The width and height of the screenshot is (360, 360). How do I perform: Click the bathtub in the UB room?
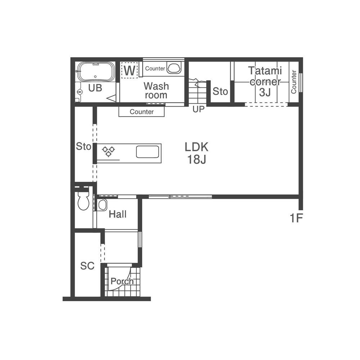click(x=96, y=71)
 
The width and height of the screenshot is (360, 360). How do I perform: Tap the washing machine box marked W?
click(x=130, y=70)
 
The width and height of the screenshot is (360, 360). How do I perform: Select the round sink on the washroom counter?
click(x=174, y=68)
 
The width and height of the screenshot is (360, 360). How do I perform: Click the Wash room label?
click(x=156, y=90)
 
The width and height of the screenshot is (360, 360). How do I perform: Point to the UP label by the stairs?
click(x=198, y=109)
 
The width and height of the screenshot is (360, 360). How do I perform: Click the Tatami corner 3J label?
click(x=265, y=81)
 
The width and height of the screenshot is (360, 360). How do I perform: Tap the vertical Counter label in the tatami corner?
click(x=294, y=82)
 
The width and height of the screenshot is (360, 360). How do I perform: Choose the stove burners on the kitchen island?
click(x=108, y=151)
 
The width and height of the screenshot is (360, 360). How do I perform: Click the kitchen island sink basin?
click(x=148, y=152)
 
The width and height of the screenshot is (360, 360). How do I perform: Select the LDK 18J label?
click(x=197, y=153)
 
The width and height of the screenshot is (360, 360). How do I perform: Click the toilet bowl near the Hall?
click(x=84, y=200)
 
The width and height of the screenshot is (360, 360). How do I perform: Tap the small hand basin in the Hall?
click(x=102, y=205)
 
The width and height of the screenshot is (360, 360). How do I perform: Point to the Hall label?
click(x=118, y=214)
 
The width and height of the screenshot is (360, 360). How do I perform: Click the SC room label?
click(x=87, y=266)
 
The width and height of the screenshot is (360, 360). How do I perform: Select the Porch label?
click(x=122, y=281)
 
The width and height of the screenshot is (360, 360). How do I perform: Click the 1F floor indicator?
click(x=296, y=218)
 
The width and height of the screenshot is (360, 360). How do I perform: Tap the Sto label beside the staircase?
click(x=220, y=91)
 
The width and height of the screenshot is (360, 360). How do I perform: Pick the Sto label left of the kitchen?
click(x=84, y=146)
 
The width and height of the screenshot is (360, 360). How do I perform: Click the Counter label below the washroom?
click(x=141, y=112)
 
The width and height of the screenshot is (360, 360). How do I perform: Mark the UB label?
click(x=95, y=88)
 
